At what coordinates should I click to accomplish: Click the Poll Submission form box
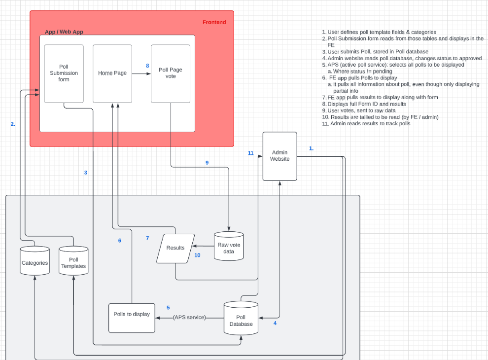[64, 73]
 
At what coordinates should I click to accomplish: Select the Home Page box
[112, 73]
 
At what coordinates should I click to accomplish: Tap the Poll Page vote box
[171, 73]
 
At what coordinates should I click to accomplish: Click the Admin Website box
[280, 156]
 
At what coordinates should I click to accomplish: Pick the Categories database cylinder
[35, 263]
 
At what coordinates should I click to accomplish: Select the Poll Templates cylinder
[73, 263]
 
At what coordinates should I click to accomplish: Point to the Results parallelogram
[175, 248]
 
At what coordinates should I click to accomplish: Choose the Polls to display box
[132, 318]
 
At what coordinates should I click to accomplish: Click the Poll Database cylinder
[241, 321]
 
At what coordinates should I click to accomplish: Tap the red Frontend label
[214, 22]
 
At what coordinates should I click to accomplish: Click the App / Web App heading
[64, 32]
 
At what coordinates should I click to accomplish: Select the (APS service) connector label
[189, 318]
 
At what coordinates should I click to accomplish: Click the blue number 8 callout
[147, 66]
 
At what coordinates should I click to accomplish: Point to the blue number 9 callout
[207, 162]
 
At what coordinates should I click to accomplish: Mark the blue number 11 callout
[250, 153]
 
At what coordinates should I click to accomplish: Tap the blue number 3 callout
[85, 173]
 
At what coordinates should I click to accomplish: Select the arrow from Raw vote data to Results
[203, 246]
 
